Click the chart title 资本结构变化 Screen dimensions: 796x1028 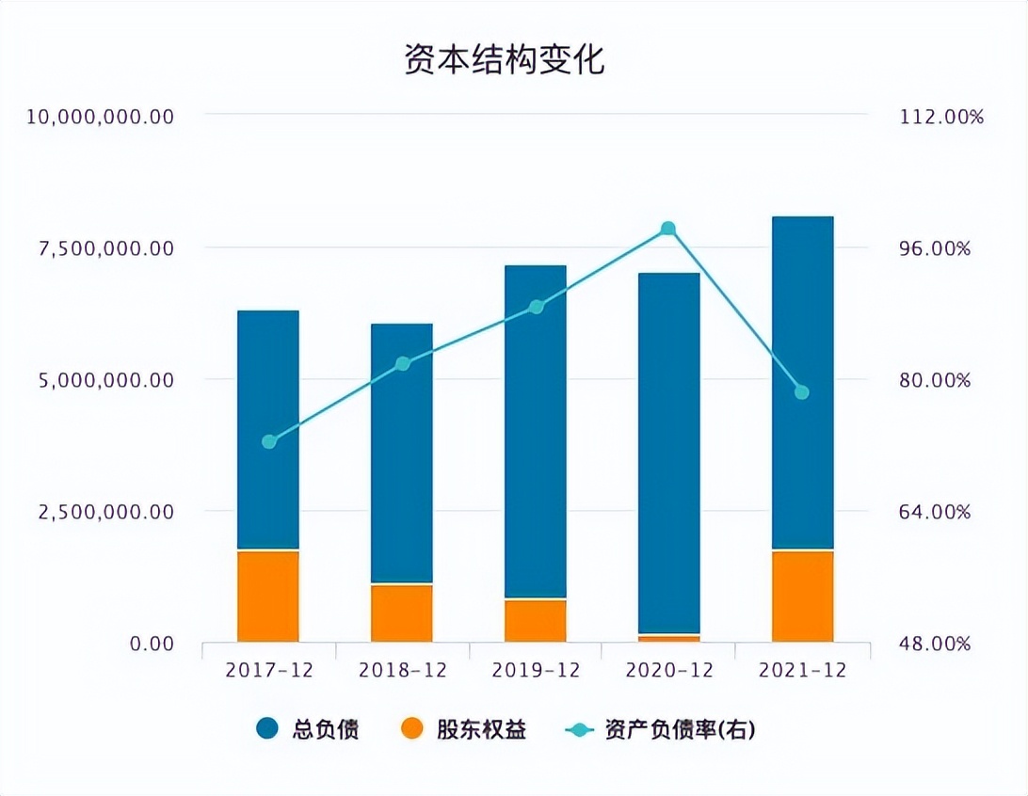point(504,58)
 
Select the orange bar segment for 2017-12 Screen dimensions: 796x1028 point(268,597)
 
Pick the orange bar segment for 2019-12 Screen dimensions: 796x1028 point(536,620)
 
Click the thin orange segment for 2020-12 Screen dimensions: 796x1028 point(668,638)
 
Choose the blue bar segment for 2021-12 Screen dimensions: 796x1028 point(802,382)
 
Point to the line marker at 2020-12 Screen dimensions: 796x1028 point(668,229)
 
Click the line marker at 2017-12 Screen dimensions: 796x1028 point(269,441)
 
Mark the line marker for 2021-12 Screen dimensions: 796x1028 point(802,392)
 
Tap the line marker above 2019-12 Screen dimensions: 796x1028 point(537,307)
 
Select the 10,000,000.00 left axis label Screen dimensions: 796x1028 point(101,116)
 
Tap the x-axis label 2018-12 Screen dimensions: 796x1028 point(402,670)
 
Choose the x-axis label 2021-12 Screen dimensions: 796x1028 point(802,670)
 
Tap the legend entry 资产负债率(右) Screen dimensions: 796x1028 point(659,729)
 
